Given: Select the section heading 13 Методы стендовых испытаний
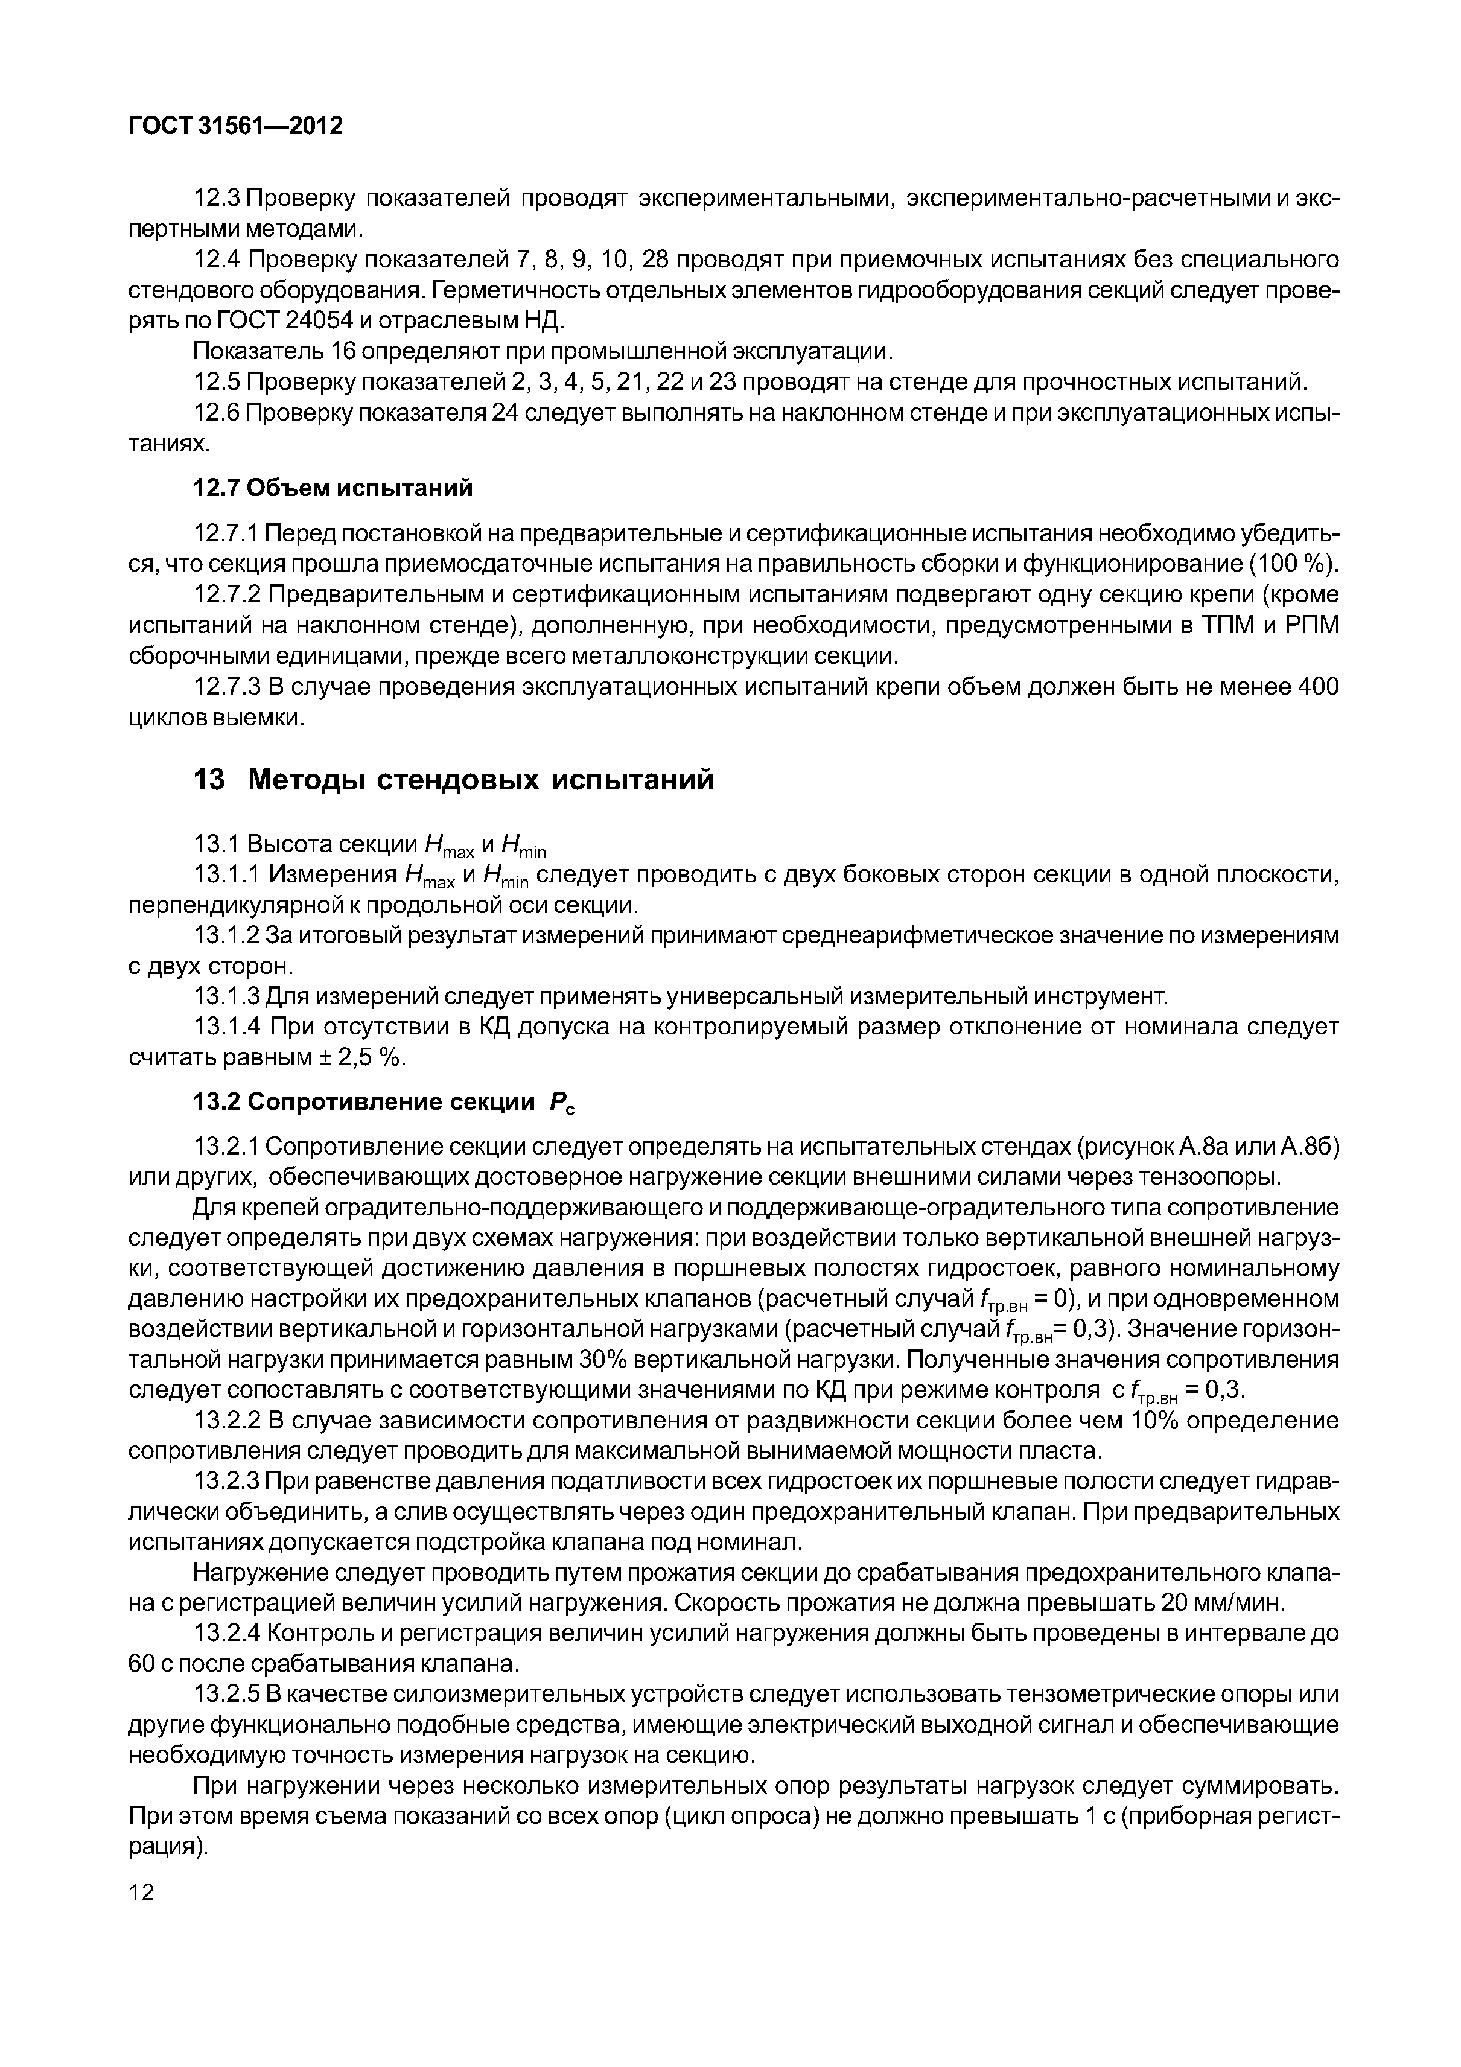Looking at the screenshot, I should pos(453,779).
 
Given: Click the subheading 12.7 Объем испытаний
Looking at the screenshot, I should pos(333,488).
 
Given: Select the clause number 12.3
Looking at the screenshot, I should pos(218,198).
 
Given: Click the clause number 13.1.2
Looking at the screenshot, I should pos(227,935).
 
